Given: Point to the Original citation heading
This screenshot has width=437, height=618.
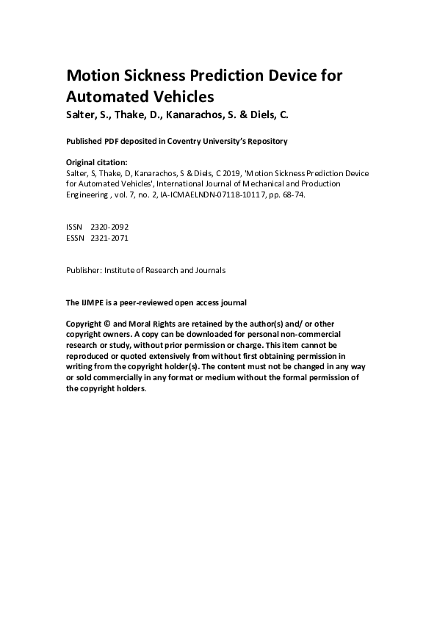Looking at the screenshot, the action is click(97, 161).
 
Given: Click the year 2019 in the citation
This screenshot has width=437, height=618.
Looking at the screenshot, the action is click(245, 173).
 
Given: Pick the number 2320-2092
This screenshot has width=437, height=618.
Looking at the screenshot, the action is click(109, 228).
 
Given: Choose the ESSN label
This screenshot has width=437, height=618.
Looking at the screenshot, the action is click(75, 238).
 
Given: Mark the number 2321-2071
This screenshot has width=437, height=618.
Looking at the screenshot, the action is click(109, 238).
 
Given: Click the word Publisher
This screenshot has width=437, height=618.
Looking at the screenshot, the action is click(84, 270).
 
